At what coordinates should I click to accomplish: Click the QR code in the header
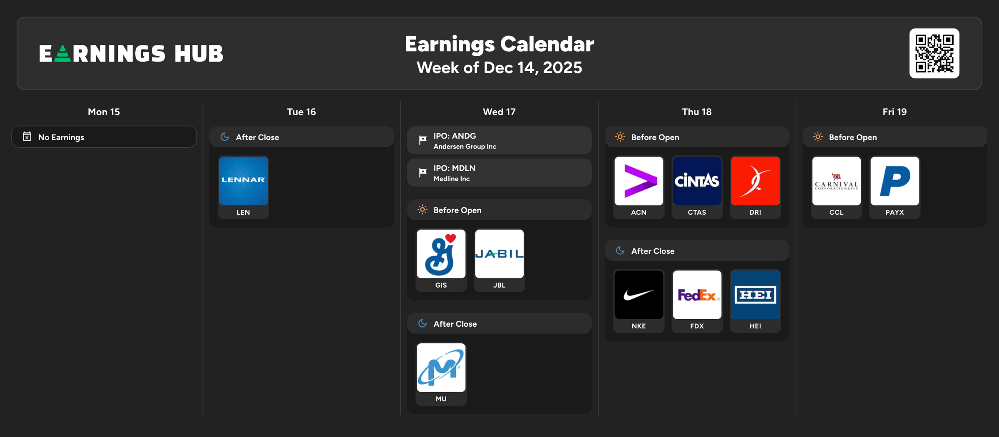click(x=934, y=53)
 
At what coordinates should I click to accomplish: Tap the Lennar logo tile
click(x=244, y=181)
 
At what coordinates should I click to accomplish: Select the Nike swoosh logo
click(x=639, y=295)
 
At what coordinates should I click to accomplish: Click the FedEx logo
click(x=697, y=295)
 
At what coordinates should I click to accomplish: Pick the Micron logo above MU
click(x=441, y=367)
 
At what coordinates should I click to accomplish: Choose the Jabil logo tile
click(x=499, y=254)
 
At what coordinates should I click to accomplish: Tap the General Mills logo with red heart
click(x=441, y=254)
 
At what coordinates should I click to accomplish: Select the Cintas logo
click(x=697, y=181)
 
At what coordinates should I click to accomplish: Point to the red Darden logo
click(x=755, y=181)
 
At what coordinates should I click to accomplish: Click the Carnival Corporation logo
click(x=837, y=181)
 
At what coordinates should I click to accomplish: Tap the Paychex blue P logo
click(x=895, y=181)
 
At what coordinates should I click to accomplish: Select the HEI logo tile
click(x=755, y=295)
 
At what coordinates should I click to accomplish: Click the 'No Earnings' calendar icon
click(x=27, y=137)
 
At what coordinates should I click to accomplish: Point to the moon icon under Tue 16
click(x=225, y=137)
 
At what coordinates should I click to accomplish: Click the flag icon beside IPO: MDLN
click(x=422, y=172)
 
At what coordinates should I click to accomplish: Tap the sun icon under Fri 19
click(x=818, y=137)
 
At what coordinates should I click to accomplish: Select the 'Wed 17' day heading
click(x=499, y=112)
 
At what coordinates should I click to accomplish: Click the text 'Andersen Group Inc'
click(x=465, y=146)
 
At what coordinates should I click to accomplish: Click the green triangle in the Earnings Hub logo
click(x=62, y=54)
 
